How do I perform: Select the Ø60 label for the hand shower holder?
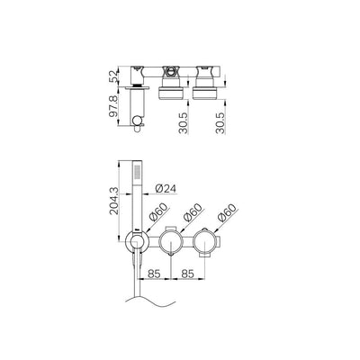[157, 214]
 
